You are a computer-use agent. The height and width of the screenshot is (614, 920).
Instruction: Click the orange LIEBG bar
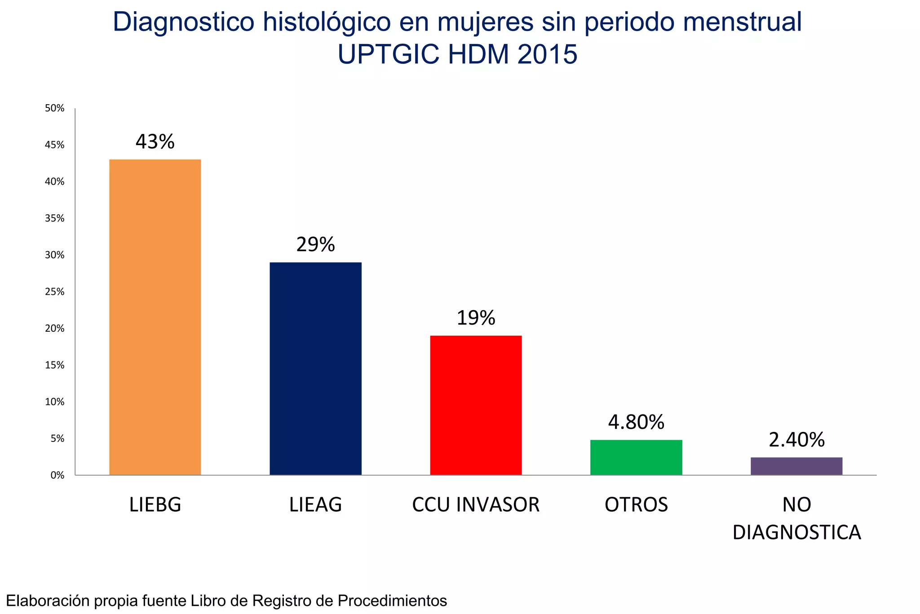tap(155, 317)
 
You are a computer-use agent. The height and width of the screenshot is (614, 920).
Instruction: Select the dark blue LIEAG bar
tap(315, 369)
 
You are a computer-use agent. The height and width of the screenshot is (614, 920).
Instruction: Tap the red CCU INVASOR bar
tap(476, 405)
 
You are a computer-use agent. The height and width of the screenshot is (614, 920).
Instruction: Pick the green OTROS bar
tap(636, 457)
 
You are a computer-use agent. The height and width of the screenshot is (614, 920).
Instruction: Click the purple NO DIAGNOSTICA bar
tap(796, 466)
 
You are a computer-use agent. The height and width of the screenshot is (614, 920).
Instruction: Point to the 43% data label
tap(155, 142)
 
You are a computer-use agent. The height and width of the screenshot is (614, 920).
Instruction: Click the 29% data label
tap(315, 245)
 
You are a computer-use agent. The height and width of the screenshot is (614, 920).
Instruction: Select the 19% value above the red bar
tap(476, 318)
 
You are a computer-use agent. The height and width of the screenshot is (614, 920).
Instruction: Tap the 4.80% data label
tap(636, 423)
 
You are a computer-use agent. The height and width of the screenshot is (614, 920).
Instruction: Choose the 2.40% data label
tap(796, 440)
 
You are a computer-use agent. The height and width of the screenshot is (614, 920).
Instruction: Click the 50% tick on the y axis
tap(54, 108)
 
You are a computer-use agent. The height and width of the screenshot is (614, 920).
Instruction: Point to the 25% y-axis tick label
tap(54, 292)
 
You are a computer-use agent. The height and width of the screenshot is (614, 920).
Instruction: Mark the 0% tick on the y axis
tap(57, 475)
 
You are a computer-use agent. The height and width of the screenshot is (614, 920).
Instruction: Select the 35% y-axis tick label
tap(54, 218)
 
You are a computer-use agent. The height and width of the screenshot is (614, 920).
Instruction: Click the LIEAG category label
tap(315, 505)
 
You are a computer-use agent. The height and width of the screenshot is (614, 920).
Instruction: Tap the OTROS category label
tap(636, 505)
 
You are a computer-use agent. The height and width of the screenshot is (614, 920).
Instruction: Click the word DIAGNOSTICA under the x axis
tap(796, 533)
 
